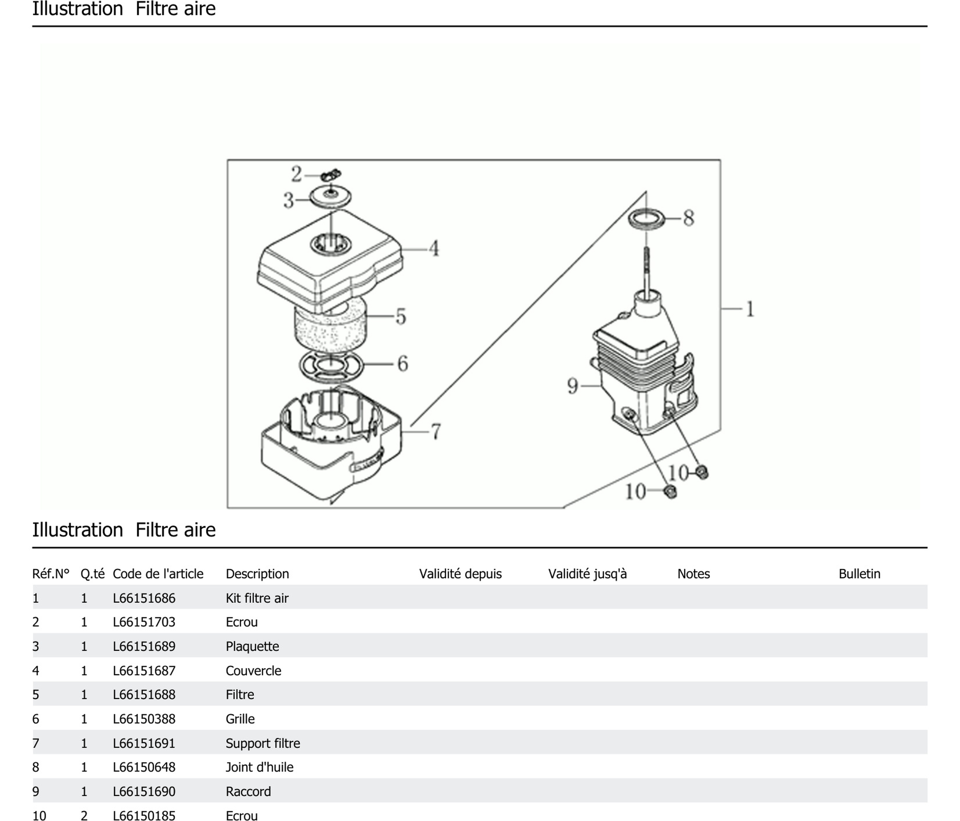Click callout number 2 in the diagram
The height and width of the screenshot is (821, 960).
[296, 174]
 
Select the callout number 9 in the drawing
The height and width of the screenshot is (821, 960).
[573, 386]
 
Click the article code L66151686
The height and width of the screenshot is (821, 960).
[144, 598]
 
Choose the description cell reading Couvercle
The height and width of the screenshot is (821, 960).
[254, 670]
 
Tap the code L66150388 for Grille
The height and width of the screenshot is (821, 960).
[144, 719]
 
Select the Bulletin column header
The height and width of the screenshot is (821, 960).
[860, 574]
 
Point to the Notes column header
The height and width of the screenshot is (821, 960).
[694, 574]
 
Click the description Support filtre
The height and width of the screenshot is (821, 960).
[263, 743]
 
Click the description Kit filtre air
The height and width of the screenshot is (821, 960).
[257, 598]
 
